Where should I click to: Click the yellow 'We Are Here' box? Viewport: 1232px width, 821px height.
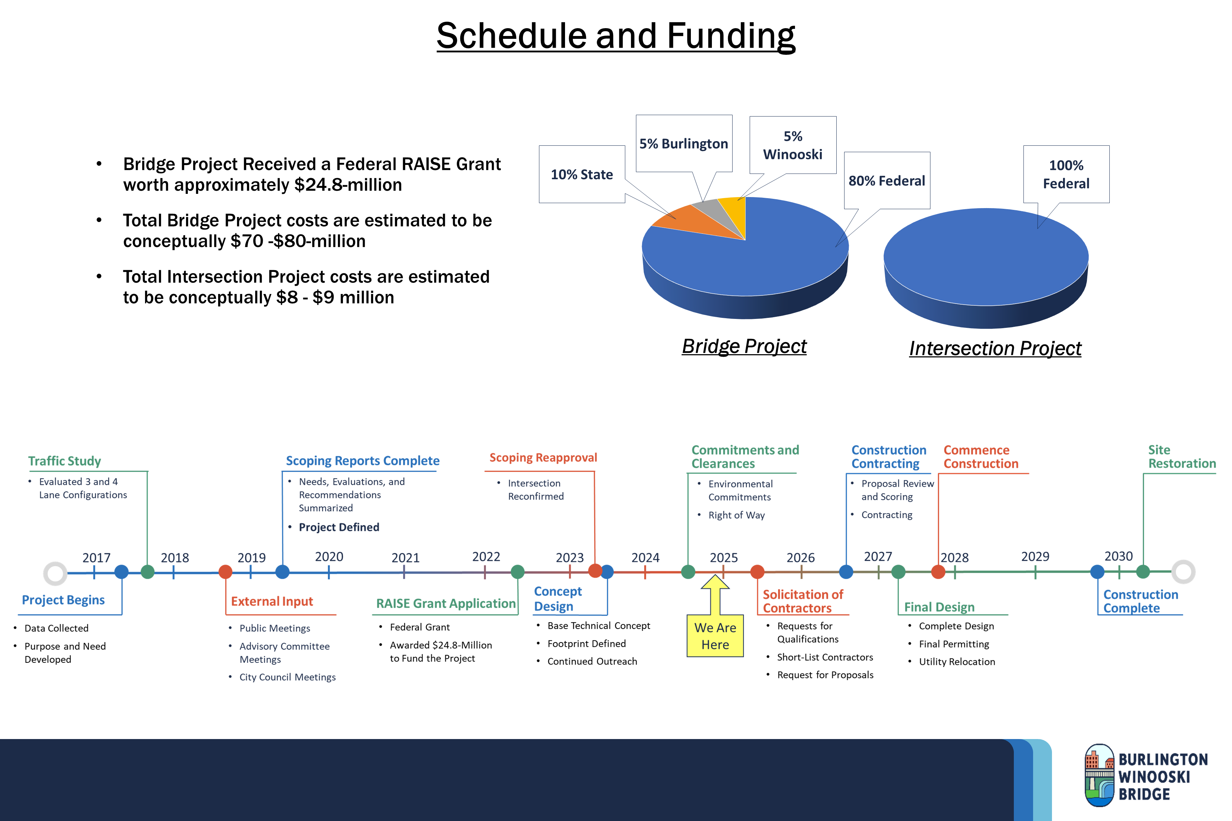coord(715,636)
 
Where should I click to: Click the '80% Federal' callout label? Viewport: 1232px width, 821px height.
coord(887,181)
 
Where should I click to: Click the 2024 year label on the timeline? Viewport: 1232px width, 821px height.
coord(645,558)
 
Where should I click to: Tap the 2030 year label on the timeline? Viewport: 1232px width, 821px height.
coord(1118,556)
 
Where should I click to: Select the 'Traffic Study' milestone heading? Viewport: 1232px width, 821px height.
coord(65,461)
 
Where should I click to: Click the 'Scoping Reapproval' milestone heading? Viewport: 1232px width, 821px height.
coord(543,458)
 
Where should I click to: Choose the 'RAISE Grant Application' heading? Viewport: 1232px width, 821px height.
coord(446,604)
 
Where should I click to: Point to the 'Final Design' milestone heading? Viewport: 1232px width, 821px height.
coord(939,607)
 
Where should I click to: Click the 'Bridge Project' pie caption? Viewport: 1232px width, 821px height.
coord(744,346)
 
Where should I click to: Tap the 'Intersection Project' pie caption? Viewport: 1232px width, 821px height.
coord(995,348)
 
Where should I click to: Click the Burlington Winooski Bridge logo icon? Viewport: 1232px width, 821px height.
coord(1099,775)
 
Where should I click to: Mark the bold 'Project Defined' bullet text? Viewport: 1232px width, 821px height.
coord(339,527)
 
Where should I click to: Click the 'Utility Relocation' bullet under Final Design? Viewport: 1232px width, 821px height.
coord(957,662)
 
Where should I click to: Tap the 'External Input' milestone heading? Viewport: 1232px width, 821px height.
coord(272,601)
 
